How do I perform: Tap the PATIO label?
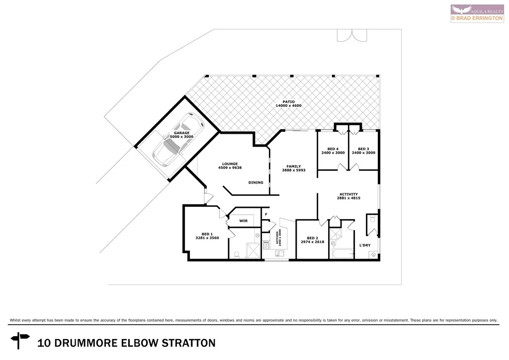(x=289, y=101)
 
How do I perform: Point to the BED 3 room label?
(x=363, y=149)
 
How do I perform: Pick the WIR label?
(x=243, y=221)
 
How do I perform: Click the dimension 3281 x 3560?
(x=207, y=238)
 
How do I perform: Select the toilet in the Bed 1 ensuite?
(x=237, y=254)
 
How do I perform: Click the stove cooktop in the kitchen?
(x=266, y=244)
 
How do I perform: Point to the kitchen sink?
(x=279, y=253)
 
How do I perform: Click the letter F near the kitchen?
(x=266, y=214)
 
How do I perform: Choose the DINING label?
(x=255, y=182)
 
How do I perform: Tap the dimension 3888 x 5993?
(x=293, y=171)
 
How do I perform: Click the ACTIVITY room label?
(x=348, y=194)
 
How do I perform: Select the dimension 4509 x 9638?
(x=230, y=168)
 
